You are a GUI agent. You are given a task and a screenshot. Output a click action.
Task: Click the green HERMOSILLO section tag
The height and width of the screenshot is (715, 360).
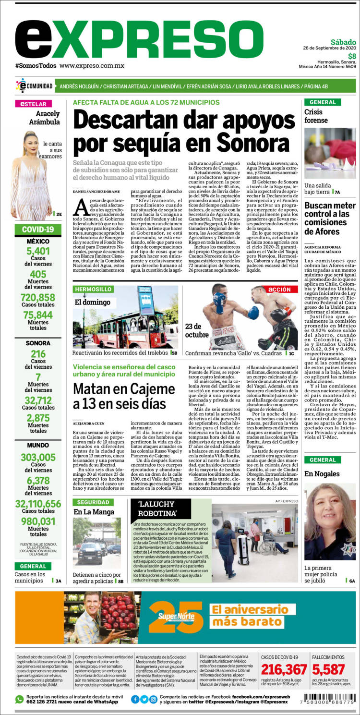tap(93, 289)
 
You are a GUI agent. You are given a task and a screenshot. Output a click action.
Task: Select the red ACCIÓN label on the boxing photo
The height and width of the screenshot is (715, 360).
tap(279, 290)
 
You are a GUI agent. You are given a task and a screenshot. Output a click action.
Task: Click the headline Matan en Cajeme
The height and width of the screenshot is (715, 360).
tap(124, 396)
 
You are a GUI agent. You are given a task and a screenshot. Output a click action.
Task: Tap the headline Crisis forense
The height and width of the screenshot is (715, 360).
tap(316, 116)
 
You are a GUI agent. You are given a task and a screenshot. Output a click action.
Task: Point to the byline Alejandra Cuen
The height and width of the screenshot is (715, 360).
tap(88, 424)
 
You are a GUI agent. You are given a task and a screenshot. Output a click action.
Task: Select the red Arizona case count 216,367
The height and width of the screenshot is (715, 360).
tap(284, 669)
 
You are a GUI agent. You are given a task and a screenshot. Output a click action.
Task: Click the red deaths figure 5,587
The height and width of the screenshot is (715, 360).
tap(329, 669)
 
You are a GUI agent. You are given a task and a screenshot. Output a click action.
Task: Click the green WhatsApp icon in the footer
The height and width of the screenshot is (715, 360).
tap(19, 699)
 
